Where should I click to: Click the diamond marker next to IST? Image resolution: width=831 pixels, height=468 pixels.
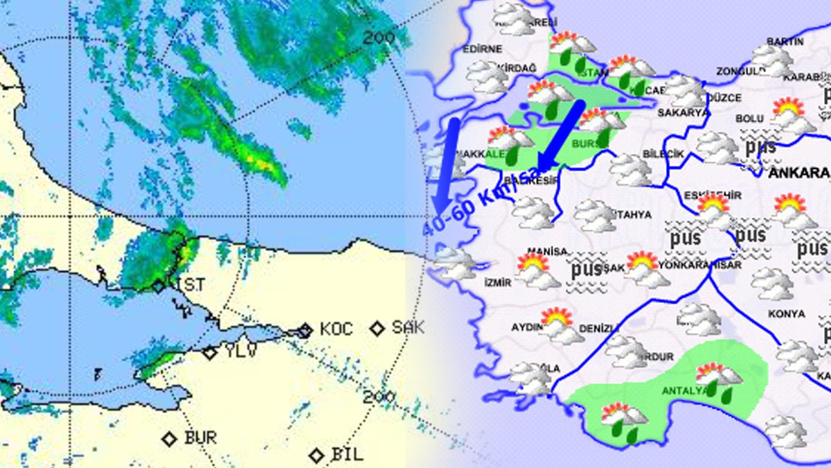tap(159, 286)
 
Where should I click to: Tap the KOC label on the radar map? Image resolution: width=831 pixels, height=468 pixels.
tap(336, 329)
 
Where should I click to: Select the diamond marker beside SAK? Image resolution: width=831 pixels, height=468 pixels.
tap(377, 328)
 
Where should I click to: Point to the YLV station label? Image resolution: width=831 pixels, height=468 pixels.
tap(240, 352)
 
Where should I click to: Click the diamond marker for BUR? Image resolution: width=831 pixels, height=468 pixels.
tap(169, 438)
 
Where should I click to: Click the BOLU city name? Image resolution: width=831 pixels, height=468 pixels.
tap(749, 119)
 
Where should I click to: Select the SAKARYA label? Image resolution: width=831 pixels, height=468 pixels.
tap(683, 112)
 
